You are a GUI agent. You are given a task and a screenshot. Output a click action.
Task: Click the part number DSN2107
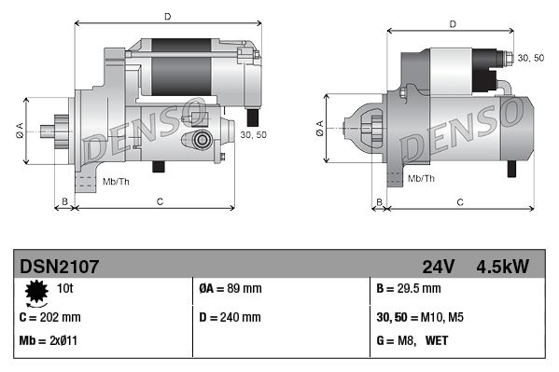60,267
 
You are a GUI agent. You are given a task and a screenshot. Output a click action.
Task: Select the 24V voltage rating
438,267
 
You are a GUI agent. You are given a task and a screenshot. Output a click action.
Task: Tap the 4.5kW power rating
502,267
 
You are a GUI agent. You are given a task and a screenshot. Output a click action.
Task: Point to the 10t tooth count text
68,288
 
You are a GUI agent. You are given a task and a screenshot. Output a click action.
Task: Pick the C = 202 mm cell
50,317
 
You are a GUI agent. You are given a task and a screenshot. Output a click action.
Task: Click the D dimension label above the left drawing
167,16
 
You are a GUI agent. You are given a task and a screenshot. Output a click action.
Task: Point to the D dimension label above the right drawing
452,24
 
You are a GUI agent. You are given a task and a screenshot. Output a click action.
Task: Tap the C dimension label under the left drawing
160,201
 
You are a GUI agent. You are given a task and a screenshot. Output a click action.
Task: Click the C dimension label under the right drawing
460,201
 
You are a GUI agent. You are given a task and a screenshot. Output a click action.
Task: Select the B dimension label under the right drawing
378,201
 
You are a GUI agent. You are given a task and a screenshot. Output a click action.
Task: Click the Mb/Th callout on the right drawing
422,178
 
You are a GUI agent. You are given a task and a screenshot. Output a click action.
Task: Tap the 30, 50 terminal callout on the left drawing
253,135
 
